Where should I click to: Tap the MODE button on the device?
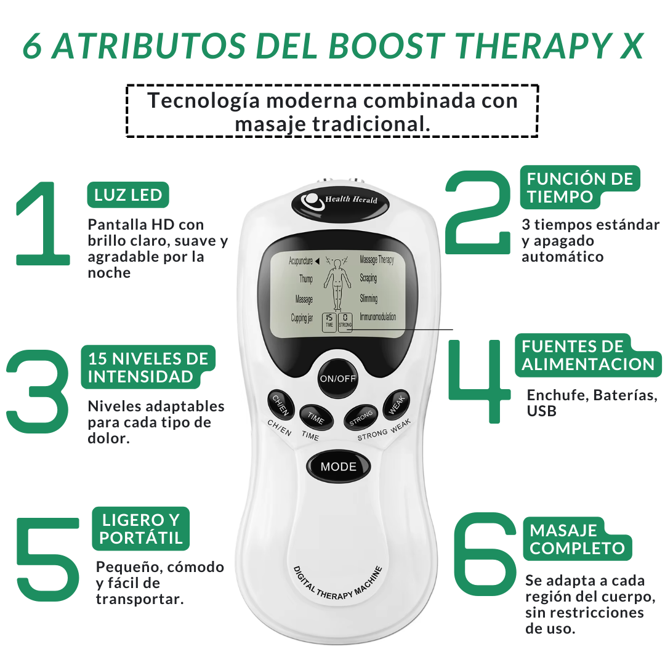(339, 467)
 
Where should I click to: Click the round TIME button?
(316, 417)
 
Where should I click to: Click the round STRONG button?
(361, 417)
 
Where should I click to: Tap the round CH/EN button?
(281, 404)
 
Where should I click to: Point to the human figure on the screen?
(337, 283)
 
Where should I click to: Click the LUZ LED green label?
(128, 195)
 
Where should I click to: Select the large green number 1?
(42, 224)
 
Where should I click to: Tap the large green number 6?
(485, 554)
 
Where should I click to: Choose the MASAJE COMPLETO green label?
(578, 539)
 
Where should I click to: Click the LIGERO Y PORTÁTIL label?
(141, 529)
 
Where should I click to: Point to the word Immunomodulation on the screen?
(378, 317)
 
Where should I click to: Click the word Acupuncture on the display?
(300, 261)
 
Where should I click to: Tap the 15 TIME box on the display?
(329, 322)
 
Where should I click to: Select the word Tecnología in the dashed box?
(203, 102)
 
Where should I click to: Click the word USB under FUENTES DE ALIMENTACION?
(542, 411)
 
